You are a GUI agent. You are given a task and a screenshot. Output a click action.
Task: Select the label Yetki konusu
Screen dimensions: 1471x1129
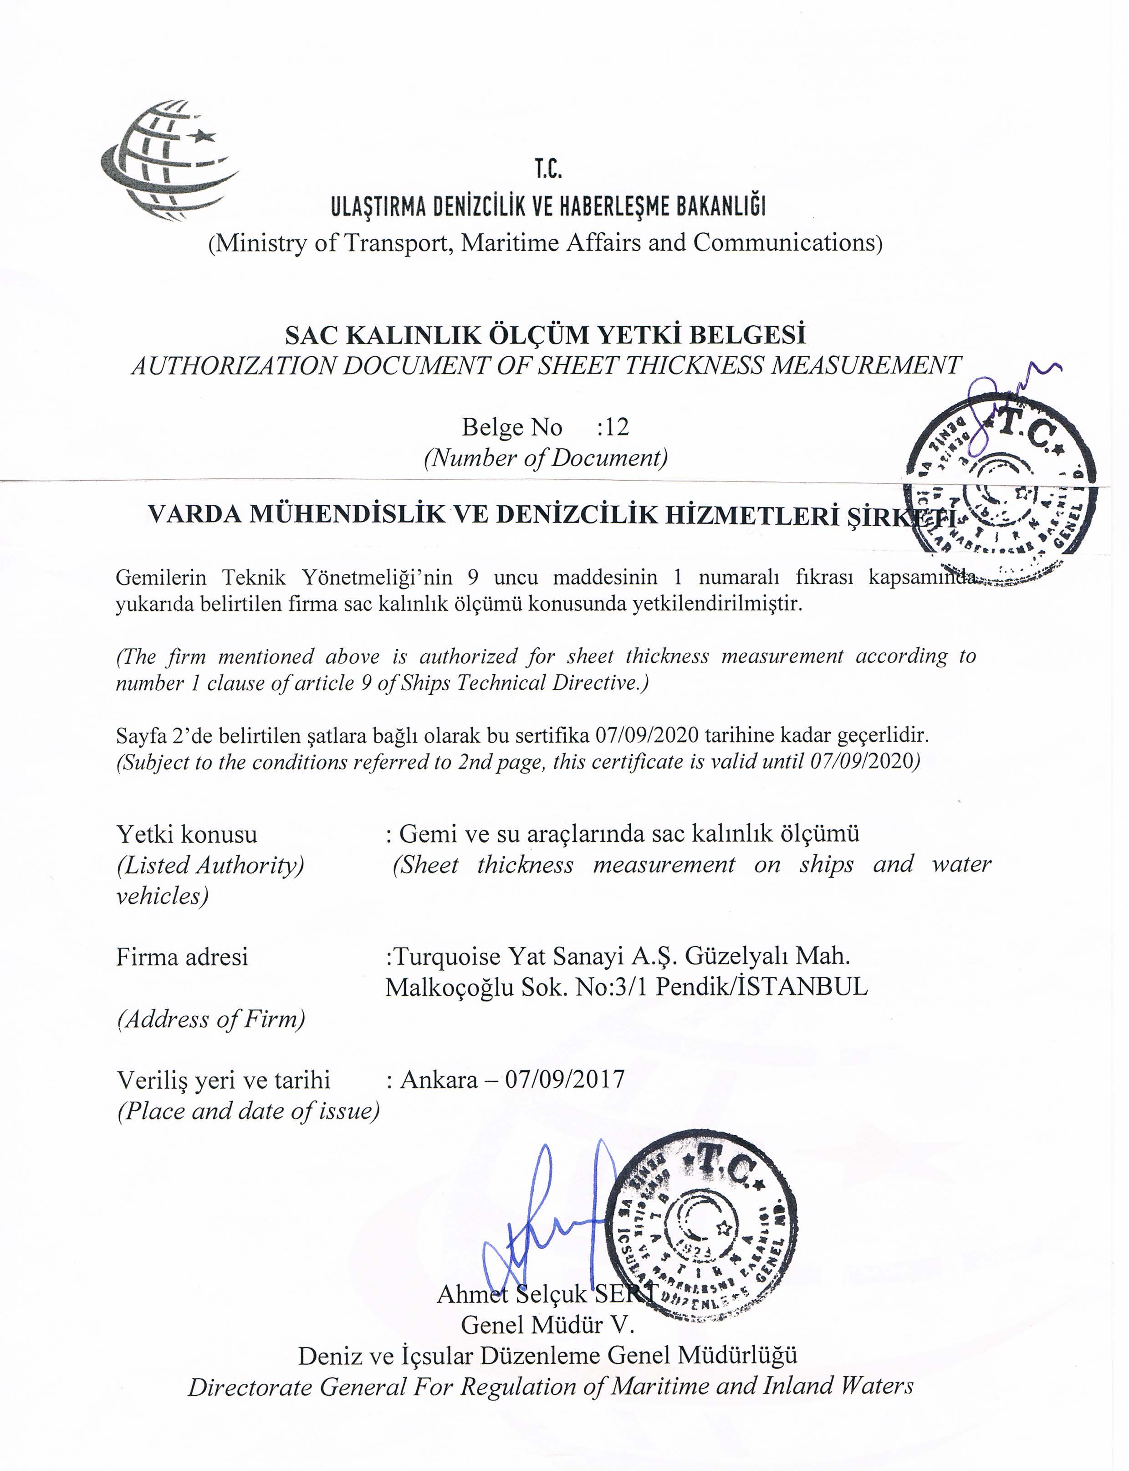(186, 834)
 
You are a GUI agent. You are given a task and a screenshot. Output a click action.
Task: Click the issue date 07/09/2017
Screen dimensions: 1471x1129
(565, 1080)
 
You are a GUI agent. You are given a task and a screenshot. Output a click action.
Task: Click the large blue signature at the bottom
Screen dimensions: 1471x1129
(544, 1217)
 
